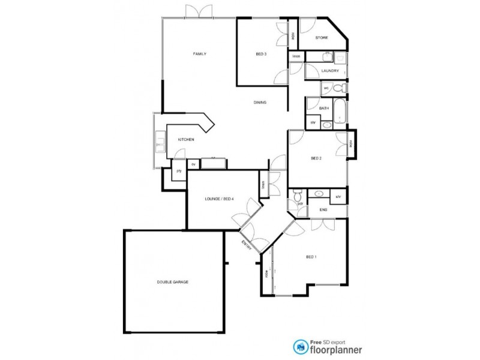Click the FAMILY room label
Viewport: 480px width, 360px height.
click(200, 54)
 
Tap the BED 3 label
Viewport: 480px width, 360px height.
click(261, 55)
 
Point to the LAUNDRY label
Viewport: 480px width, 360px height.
click(330, 71)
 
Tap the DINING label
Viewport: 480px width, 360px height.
click(259, 103)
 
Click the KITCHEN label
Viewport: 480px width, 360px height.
click(185, 140)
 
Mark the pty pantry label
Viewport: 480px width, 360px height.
click(179, 171)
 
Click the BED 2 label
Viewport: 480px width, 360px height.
click(317, 158)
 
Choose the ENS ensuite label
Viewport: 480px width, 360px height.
click(323, 209)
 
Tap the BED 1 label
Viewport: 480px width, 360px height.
click(311, 257)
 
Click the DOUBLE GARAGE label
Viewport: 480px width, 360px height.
click(173, 281)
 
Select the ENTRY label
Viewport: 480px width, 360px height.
click(246, 247)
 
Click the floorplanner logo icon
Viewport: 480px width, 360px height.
click(299, 346)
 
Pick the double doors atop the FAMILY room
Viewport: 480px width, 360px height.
click(198, 11)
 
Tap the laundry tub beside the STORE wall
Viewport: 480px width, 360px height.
click(339, 58)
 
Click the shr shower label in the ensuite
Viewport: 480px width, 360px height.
click(338, 196)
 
